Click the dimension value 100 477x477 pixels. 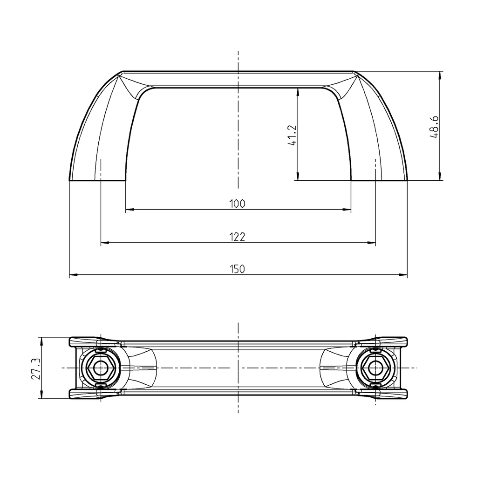coord(237,204)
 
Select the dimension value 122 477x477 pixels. coord(237,237)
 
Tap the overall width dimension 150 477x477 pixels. coord(237,269)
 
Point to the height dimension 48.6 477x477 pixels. coord(435,126)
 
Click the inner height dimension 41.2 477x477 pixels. coord(292,134)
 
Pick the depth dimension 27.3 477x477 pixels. coord(35,368)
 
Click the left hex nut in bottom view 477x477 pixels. coord(100,368)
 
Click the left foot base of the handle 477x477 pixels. coord(97,180)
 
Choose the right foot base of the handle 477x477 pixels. coord(379,180)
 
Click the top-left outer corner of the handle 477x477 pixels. coord(123,72)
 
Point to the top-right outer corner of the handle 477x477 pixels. coord(354,72)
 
